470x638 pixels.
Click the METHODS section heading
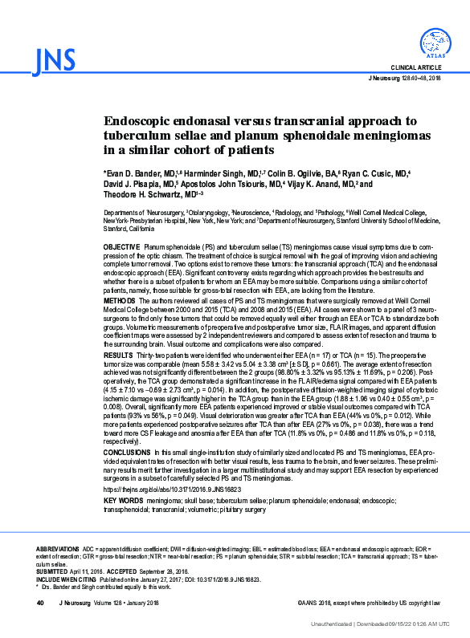point(120,300)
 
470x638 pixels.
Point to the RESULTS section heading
point(119,354)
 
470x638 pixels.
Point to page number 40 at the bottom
point(39,602)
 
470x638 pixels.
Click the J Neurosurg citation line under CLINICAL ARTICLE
point(404,79)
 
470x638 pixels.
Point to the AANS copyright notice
point(369,602)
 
